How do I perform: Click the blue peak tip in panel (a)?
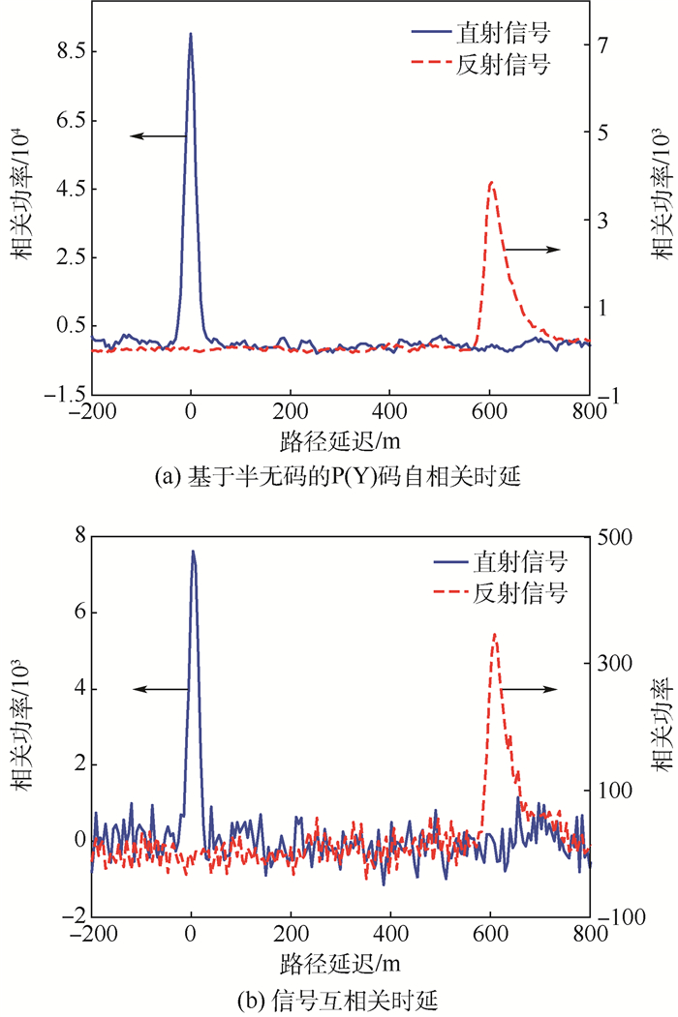click(x=191, y=34)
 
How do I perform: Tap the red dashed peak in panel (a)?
click(x=491, y=182)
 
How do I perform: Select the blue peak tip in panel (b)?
click(x=193, y=552)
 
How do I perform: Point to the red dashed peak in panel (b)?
click(x=495, y=636)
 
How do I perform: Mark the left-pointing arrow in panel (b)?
click(x=161, y=688)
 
